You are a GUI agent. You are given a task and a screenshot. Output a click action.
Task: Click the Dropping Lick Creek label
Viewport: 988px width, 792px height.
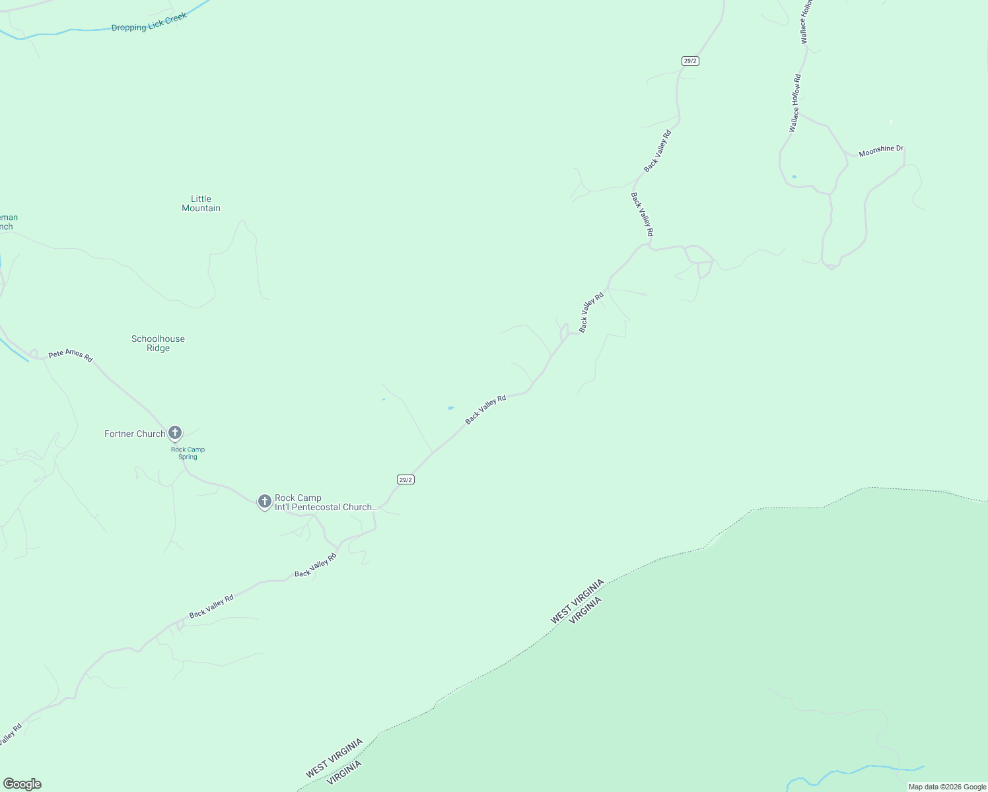(x=149, y=22)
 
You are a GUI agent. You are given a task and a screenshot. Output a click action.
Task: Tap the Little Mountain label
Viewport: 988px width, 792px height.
(x=201, y=203)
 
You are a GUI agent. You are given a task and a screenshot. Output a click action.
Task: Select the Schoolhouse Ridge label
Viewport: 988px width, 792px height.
(x=158, y=343)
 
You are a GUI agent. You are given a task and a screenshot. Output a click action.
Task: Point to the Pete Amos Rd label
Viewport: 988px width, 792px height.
(x=71, y=355)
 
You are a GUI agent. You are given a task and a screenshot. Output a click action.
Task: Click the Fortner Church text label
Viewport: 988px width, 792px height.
(x=135, y=434)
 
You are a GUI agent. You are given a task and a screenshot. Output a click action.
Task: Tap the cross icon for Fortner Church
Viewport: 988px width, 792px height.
(x=175, y=433)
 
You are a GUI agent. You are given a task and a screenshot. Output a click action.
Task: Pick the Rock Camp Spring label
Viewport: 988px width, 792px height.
(x=188, y=453)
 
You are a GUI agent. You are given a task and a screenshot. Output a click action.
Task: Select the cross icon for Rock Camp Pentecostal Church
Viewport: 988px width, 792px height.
(x=264, y=501)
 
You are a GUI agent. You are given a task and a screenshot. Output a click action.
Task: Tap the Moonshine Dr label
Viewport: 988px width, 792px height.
(x=880, y=151)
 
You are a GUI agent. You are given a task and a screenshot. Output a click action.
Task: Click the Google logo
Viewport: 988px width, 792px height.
(x=22, y=784)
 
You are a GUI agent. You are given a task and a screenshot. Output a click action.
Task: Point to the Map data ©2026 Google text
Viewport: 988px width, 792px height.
(x=947, y=787)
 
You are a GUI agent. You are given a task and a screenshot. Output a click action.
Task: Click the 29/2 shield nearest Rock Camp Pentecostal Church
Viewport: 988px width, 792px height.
(x=406, y=479)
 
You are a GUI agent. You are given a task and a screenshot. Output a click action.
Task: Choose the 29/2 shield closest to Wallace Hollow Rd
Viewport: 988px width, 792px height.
(x=690, y=61)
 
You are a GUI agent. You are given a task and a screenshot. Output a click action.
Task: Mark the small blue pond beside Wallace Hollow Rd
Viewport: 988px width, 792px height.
(x=794, y=177)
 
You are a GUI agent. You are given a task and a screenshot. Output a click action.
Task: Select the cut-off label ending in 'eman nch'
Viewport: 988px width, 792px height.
(x=8, y=222)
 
